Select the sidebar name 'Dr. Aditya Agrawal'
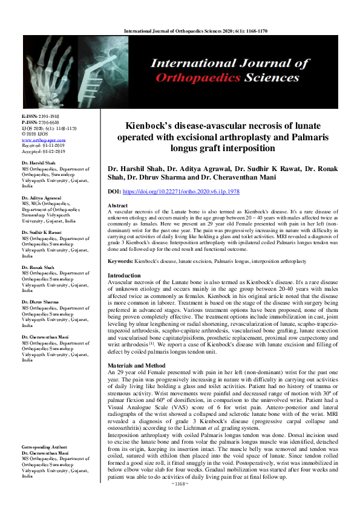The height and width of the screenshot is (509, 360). [45, 197]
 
